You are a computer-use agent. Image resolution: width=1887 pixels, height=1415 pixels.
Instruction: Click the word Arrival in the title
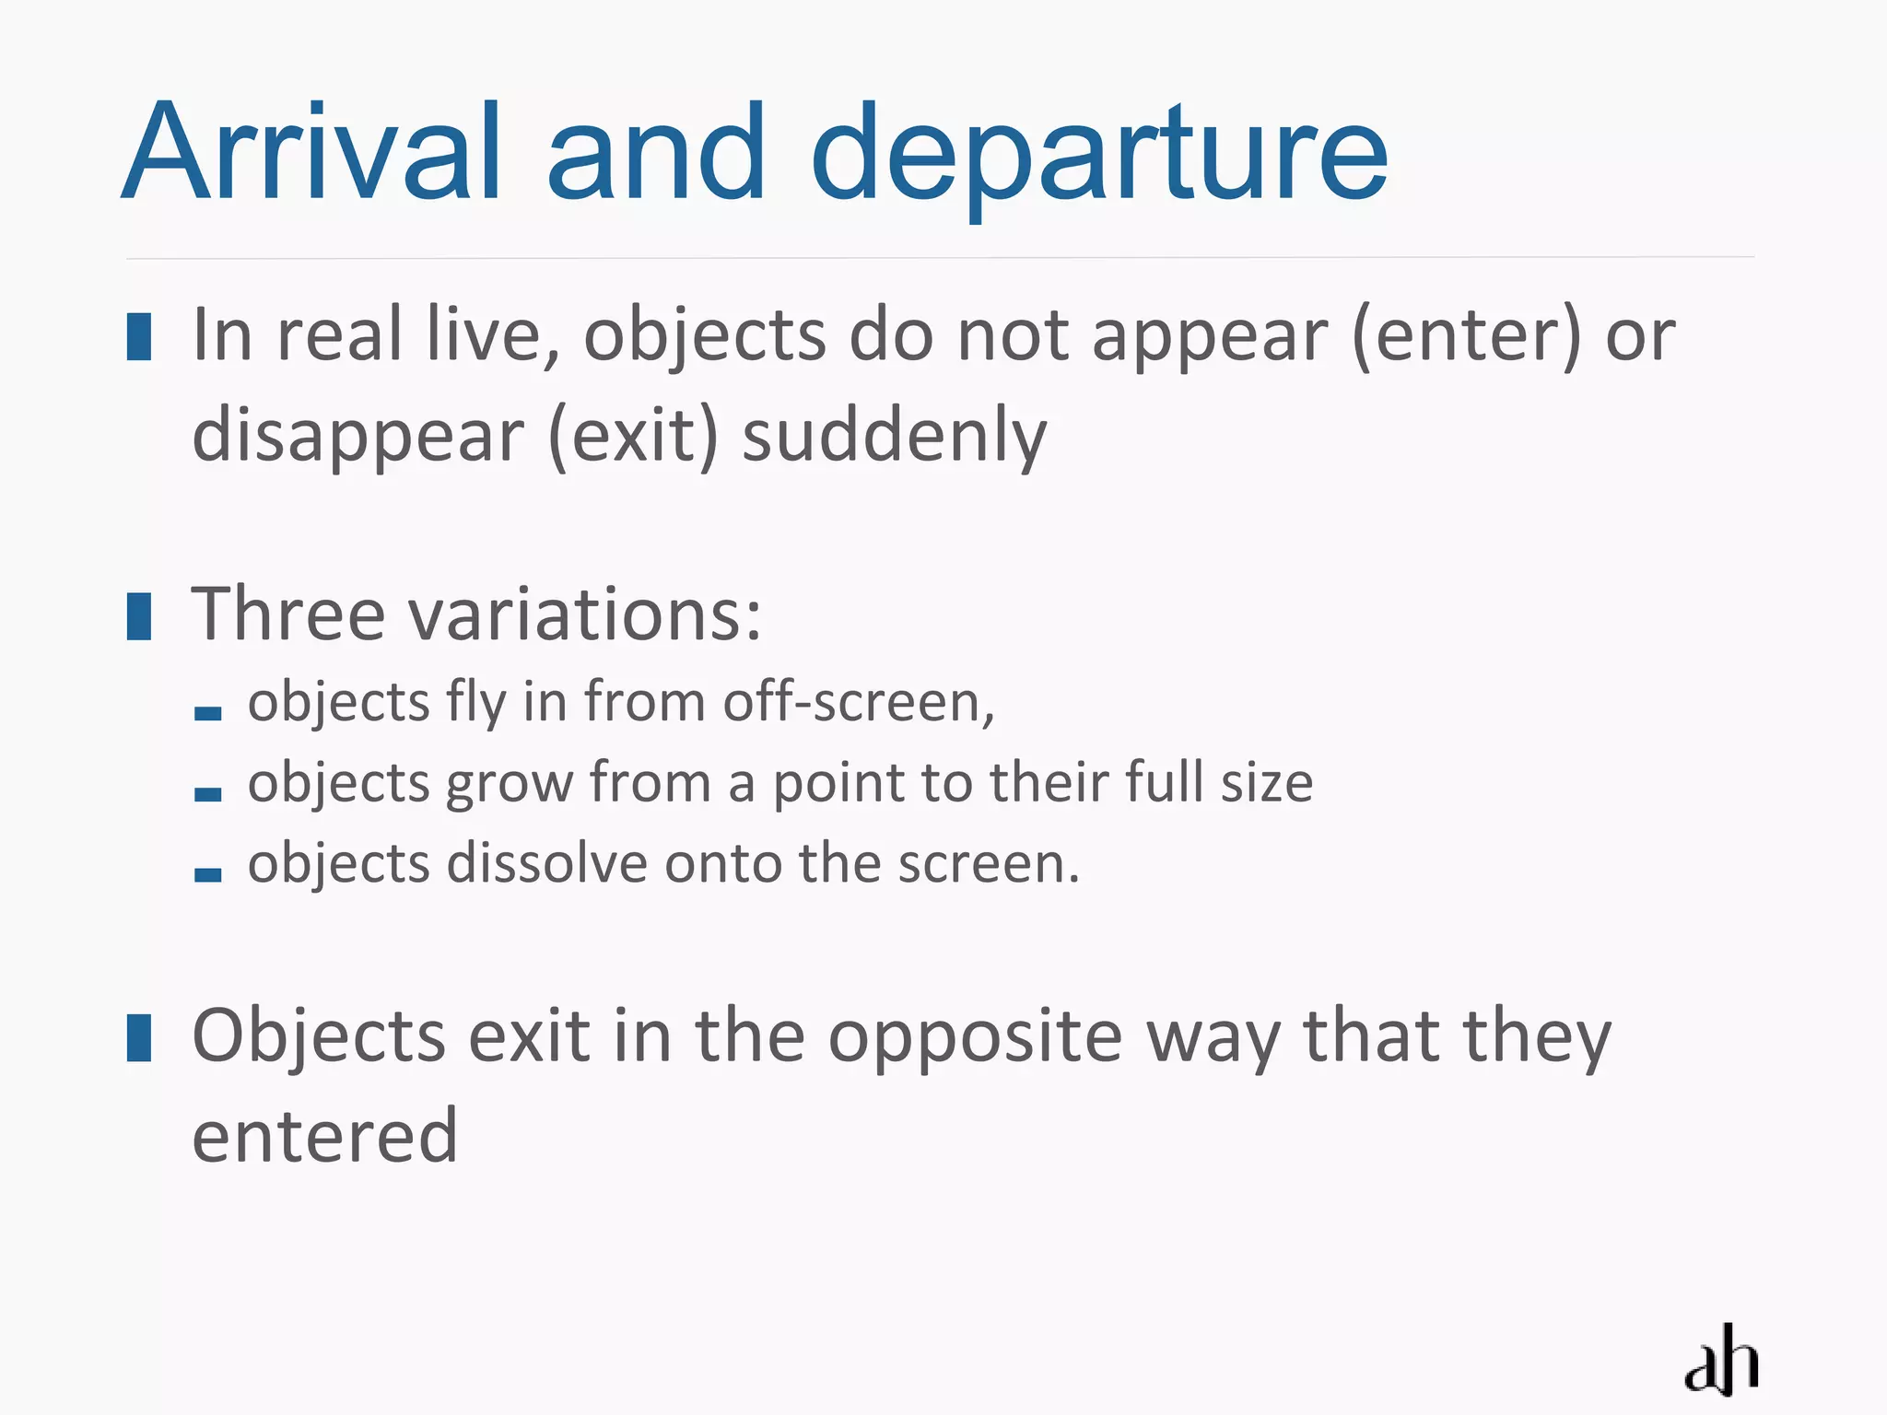click(312, 152)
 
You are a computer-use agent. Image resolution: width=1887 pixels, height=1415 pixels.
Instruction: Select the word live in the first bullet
click(494, 335)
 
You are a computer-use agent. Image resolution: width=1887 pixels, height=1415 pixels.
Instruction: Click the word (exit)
click(633, 436)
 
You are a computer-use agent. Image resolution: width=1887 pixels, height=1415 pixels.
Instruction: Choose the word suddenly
click(895, 436)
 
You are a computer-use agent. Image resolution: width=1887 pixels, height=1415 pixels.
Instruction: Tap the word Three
click(288, 614)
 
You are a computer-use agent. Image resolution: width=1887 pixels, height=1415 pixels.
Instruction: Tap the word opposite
click(976, 1037)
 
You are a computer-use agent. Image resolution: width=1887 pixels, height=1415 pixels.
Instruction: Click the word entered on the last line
click(325, 1136)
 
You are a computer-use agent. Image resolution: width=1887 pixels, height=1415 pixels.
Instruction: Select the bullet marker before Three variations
click(139, 616)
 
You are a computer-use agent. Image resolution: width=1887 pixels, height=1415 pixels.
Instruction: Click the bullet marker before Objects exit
click(139, 1038)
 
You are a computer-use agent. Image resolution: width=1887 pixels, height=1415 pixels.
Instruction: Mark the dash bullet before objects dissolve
click(208, 874)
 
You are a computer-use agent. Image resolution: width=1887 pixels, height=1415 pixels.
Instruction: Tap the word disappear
click(358, 436)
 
